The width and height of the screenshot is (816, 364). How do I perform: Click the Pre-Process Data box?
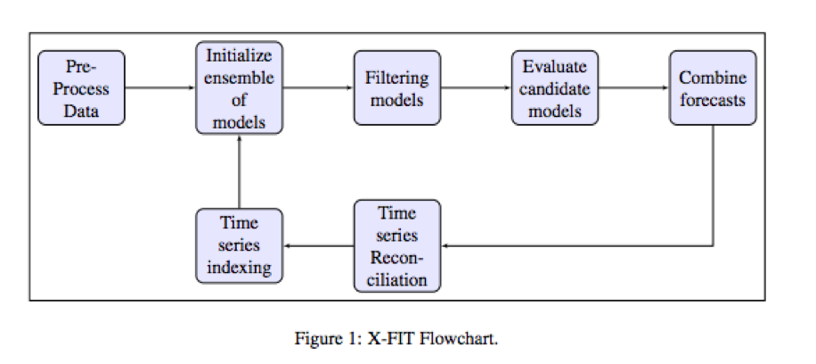[82, 87]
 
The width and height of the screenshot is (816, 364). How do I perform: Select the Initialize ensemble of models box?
[239, 87]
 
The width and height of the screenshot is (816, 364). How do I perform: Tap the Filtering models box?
[397, 87]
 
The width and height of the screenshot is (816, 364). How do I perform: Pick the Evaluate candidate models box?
[555, 87]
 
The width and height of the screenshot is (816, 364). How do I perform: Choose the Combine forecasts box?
[713, 87]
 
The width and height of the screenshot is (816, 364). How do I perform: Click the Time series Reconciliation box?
[397, 245]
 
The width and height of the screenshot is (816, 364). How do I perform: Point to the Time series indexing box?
[239, 245]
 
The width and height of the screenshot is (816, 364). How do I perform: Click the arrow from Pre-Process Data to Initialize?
[160, 87]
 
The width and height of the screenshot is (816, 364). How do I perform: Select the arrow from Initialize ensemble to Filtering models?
[319, 87]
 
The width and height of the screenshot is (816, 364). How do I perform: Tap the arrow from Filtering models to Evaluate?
[477, 87]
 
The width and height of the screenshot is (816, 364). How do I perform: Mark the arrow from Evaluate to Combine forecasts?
[634, 87]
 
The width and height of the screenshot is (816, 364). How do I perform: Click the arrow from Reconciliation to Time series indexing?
[319, 245]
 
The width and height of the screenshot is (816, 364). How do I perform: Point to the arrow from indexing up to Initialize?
[239, 171]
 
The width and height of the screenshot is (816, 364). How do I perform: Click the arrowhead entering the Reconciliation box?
[444, 245]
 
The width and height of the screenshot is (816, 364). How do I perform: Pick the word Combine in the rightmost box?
[713, 78]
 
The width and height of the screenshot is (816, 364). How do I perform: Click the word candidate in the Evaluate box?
[555, 88]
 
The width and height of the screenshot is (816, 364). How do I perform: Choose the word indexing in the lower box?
[240, 268]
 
